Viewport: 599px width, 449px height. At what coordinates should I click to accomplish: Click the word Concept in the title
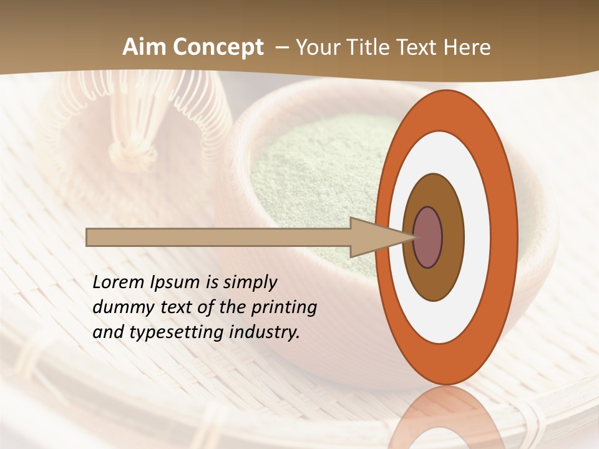coord(218,47)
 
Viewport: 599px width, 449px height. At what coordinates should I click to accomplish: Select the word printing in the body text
coord(284,307)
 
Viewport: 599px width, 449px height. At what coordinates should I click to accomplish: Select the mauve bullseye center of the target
coord(428,237)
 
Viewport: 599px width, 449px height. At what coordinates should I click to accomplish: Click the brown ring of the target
coord(452,237)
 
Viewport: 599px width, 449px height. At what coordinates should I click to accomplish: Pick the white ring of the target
coord(477,237)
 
